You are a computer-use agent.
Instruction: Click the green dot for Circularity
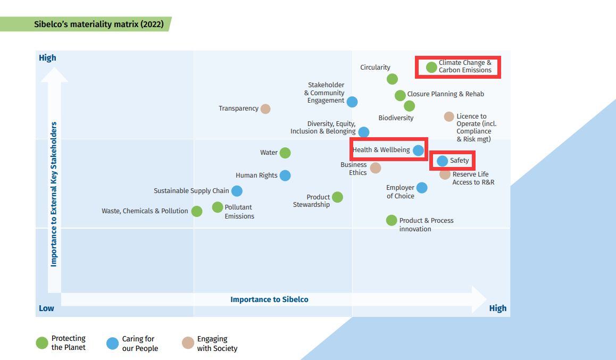[x=392, y=79]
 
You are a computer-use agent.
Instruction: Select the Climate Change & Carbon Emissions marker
[x=431, y=67]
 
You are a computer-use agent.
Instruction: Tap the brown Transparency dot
[x=265, y=109]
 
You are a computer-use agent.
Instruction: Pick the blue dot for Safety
[x=442, y=161]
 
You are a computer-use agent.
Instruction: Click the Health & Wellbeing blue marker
[x=419, y=150]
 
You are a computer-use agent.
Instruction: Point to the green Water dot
[x=285, y=153]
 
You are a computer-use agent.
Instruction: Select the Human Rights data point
[x=285, y=175]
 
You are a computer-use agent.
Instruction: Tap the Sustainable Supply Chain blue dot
[x=237, y=191]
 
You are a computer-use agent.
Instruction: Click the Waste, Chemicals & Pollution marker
[x=197, y=211]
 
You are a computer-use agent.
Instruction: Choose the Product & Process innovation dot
[x=392, y=220]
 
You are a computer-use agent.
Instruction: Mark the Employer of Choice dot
[x=422, y=188]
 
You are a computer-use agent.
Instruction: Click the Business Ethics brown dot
[x=376, y=168]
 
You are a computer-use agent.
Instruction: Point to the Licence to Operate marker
[x=449, y=116]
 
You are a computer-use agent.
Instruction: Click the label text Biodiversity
[x=396, y=118]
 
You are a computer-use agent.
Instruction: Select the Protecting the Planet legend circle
[x=42, y=343]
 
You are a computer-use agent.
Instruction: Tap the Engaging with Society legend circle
[x=188, y=343]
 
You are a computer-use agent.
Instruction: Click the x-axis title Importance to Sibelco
[x=269, y=299]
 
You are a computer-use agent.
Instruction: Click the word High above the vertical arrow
[x=47, y=58]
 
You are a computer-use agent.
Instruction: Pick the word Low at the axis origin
[x=46, y=308]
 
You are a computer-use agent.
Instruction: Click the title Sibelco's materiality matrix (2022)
[x=98, y=24]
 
